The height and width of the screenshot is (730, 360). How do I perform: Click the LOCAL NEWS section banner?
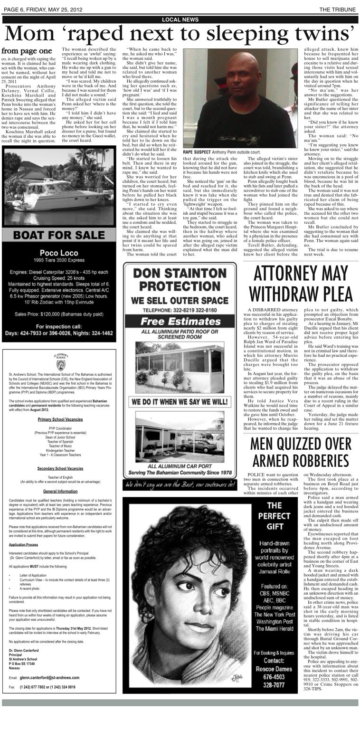click(x=180, y=19)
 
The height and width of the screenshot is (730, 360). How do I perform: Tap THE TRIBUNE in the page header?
click(x=337, y=9)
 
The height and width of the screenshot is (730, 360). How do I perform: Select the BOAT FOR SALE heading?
click(x=59, y=235)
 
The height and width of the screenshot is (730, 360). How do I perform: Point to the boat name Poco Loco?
click(x=59, y=253)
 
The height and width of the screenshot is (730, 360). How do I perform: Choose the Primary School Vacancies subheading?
click(x=60, y=419)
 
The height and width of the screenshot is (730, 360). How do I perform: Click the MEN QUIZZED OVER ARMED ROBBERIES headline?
click(x=300, y=452)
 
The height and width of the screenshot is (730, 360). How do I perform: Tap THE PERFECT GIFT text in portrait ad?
click(x=278, y=516)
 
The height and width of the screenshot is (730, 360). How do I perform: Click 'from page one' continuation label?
click(x=27, y=50)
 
